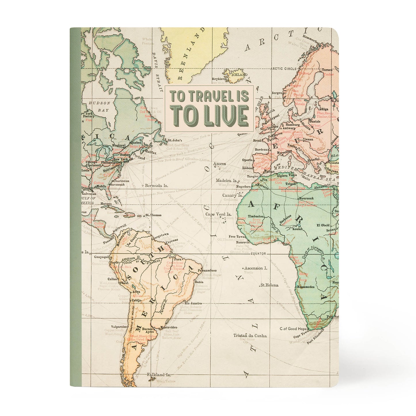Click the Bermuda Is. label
pyautogui.click(x=156, y=186)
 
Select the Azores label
pyautogui.click(x=219, y=164)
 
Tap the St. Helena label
pyautogui.click(x=269, y=285)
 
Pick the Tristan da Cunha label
pyautogui.click(x=250, y=335)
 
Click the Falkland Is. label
pyautogui.click(x=159, y=375)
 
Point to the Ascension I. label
pyautogui.click(x=256, y=268)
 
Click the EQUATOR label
pyautogui.click(x=259, y=254)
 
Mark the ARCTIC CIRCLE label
pyautogui.click(x=283, y=69)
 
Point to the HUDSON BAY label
pyautogui.click(x=100, y=106)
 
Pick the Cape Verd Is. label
pyautogui.click(x=218, y=214)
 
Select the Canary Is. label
pyautogui.click(x=232, y=195)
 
